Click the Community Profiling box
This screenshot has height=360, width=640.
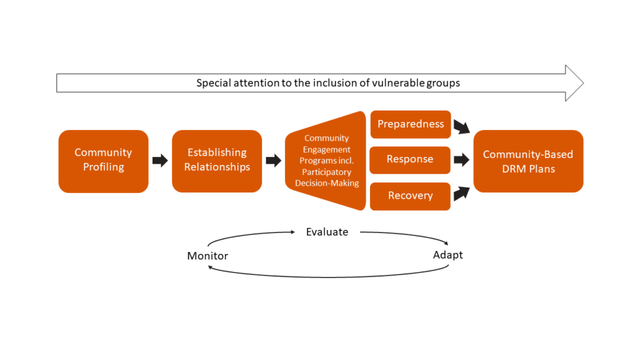tap(103, 160)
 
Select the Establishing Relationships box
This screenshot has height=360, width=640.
tap(217, 160)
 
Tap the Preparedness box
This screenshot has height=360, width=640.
tap(410, 124)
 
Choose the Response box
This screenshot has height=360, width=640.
tap(410, 159)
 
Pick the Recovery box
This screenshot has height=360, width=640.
tap(410, 196)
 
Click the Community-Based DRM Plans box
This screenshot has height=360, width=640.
tap(528, 161)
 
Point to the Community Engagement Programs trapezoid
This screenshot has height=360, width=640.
tap(325, 161)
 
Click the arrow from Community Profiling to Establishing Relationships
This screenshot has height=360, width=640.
tap(160, 161)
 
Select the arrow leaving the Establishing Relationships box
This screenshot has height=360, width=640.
tap(273, 161)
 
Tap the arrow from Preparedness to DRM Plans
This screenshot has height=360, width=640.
tap(461, 127)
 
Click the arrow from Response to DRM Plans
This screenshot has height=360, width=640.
tap(461, 160)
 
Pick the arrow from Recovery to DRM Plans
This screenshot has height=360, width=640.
tap(461, 193)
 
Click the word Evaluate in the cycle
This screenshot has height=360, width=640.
tap(327, 232)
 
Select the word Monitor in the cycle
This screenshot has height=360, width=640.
tap(207, 256)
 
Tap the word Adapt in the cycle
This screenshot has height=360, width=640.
tap(448, 255)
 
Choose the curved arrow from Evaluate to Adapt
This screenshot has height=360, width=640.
tap(406, 236)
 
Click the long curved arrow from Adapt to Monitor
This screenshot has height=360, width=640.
tap(328, 276)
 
